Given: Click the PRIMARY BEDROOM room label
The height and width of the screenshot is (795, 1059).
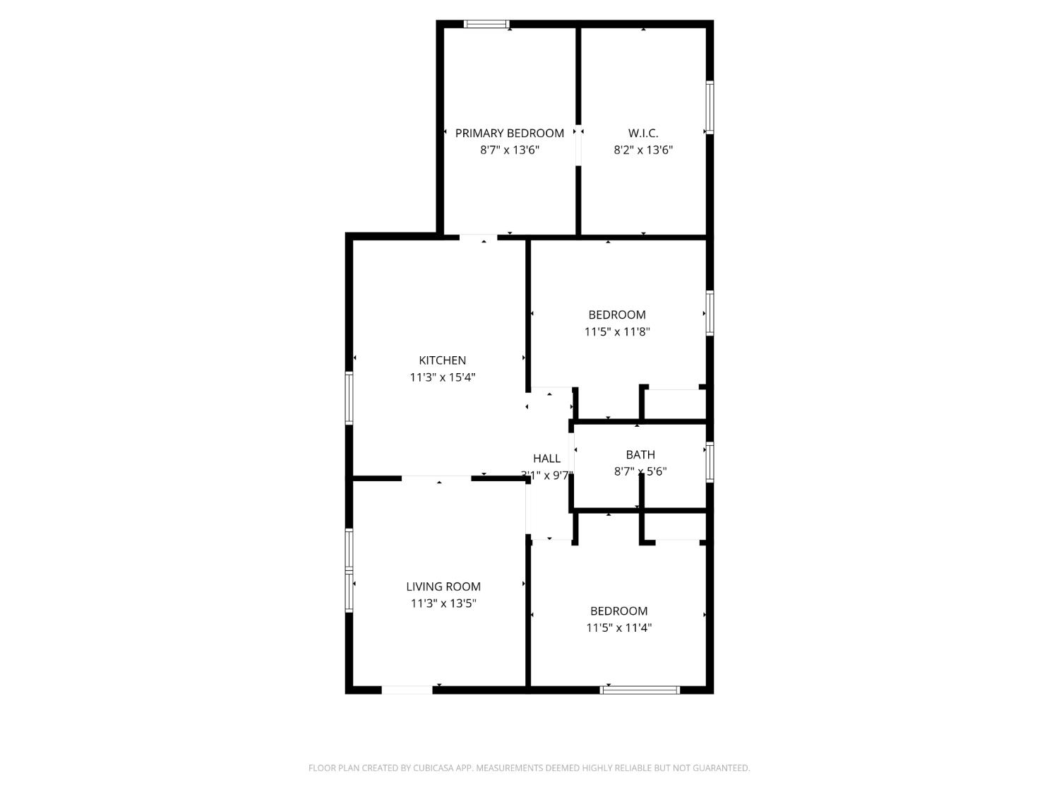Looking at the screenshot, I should pos(509,133).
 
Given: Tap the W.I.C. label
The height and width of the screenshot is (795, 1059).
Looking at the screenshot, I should pos(642,133).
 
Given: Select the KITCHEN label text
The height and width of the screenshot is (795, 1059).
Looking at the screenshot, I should pos(442,360).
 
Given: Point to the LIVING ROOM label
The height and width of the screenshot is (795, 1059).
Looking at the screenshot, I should pos(443,587).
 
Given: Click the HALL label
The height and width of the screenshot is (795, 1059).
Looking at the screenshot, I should pos(546,459).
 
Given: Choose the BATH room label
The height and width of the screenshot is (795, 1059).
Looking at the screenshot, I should pos(640,455).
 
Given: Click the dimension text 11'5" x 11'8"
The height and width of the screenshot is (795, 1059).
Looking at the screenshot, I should pos(616,331).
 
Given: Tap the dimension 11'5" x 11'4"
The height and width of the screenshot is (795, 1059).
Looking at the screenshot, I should pos(618,628).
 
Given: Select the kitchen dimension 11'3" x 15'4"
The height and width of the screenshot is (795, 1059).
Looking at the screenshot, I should pos(442,377).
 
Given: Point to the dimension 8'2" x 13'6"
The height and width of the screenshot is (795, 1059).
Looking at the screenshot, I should pos(642,150).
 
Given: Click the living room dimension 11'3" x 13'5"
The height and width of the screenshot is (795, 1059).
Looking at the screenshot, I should pos(443,603).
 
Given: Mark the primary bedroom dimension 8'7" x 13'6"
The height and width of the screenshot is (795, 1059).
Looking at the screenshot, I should pos(509,150).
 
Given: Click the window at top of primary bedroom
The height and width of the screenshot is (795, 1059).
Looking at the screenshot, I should pos(486,24).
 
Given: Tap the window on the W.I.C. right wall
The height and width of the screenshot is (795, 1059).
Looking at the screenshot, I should pos(710,107).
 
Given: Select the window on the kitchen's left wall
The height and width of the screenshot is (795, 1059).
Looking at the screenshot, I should pos(349,399).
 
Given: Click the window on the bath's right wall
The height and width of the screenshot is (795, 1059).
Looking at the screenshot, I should pos(710,462).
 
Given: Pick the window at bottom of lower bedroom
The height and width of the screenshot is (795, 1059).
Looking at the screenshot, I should pos(640,690).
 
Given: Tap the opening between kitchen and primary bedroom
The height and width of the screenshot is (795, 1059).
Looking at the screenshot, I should pos(479,237).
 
